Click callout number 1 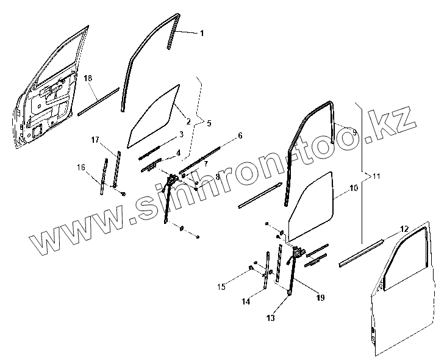pyautogui.click(x=202, y=34)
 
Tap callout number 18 pyautogui.click(x=88, y=78)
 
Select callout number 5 pyautogui.click(x=209, y=123)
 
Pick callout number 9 pyautogui.click(x=354, y=131)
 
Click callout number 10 pyautogui.click(x=354, y=189)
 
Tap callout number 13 pyautogui.click(x=270, y=318)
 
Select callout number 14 pyautogui.click(x=245, y=301)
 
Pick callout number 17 pyautogui.click(x=95, y=140)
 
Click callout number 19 pyautogui.click(x=321, y=297)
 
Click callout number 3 pyautogui.click(x=182, y=133)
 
